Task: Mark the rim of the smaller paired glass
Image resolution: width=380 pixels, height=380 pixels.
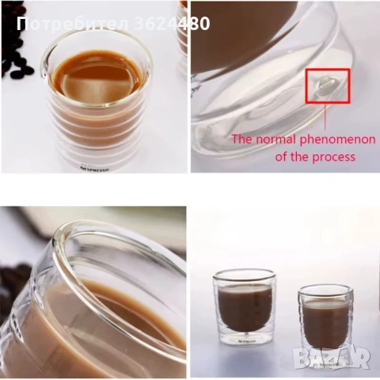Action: click(324, 290)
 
